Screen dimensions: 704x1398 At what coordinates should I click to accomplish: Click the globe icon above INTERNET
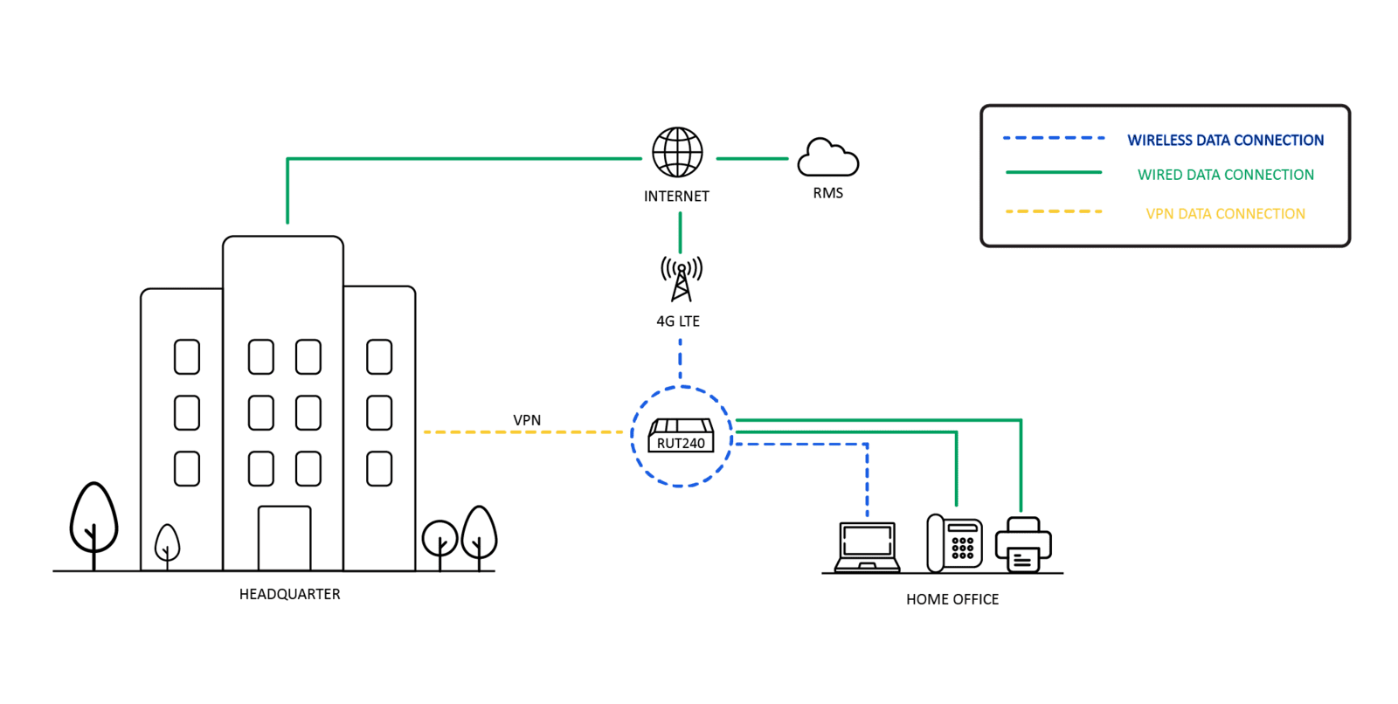click(677, 153)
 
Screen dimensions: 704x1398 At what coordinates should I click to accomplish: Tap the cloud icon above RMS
click(827, 158)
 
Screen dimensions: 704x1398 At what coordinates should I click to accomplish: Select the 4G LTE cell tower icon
click(681, 279)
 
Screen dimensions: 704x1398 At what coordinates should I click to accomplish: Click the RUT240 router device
click(681, 436)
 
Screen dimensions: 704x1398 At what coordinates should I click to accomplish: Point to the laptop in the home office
click(867, 548)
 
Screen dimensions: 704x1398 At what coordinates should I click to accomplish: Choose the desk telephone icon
click(954, 543)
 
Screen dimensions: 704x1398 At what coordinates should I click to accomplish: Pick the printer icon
click(1023, 545)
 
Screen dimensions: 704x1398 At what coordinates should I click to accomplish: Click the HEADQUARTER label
click(290, 594)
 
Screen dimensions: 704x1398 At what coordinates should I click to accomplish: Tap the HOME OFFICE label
click(952, 599)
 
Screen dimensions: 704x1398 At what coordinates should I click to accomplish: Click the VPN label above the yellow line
click(527, 420)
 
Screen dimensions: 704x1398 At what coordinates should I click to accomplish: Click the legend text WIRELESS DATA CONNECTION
click(1225, 140)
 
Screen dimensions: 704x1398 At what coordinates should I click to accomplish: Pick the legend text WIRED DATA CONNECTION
click(1225, 175)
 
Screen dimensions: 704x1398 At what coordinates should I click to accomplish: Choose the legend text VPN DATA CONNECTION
click(1225, 214)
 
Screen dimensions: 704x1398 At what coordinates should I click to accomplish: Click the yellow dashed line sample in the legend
click(1054, 212)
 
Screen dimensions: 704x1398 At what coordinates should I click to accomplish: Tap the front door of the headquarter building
click(284, 538)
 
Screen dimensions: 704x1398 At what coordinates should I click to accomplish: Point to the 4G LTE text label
click(678, 321)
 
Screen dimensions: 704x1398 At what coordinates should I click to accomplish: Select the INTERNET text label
click(676, 197)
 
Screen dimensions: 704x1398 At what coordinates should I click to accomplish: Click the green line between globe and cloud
click(752, 159)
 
